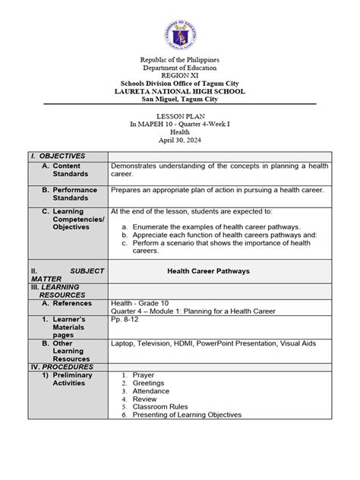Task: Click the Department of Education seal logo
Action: coord(179,33)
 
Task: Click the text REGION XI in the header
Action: coord(179,76)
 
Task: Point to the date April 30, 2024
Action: coord(179,141)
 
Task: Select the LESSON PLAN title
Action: coord(179,116)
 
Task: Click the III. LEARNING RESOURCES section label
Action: coord(59,292)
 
